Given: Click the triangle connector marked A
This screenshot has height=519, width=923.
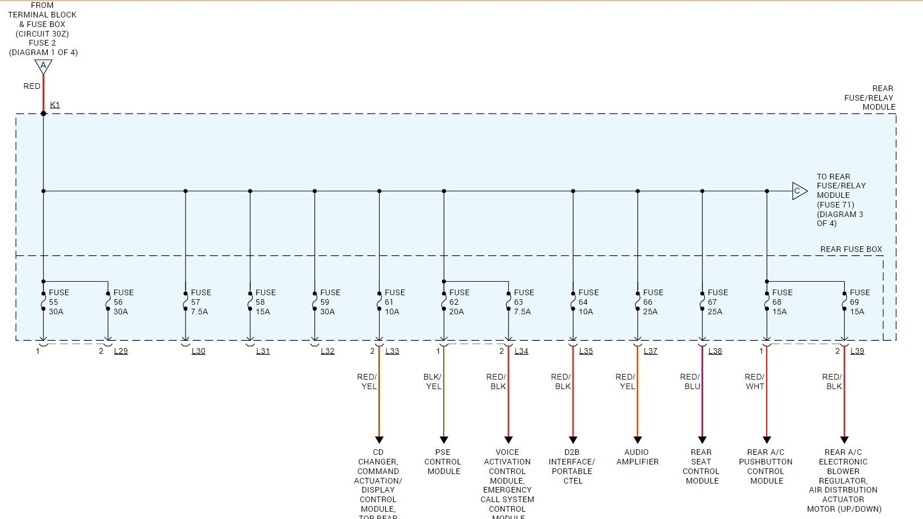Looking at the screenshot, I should [43, 66].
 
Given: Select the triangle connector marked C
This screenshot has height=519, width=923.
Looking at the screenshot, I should [799, 191].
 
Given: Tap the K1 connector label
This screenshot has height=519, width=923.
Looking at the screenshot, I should [55, 105].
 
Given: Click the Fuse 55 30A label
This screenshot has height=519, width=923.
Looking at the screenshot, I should [58, 302].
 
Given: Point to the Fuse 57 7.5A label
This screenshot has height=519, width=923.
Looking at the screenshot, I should [201, 302].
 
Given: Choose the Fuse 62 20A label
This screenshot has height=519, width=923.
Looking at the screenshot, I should [459, 302].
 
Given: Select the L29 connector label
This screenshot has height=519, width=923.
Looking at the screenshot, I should [121, 351].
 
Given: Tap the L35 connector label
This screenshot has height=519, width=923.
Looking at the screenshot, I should [586, 351].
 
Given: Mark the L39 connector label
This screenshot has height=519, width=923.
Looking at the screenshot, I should [857, 351].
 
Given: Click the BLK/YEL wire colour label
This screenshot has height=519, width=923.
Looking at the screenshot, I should [433, 382].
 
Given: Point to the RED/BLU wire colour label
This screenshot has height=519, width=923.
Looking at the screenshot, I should [690, 382].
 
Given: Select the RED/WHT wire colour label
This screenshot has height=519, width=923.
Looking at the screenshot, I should [754, 382].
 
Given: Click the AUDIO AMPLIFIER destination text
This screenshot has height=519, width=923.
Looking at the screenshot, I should [637, 457].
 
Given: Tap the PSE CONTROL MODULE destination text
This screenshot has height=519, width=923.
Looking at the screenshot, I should [443, 462].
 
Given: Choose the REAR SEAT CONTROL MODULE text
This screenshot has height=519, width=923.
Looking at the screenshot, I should [701, 467].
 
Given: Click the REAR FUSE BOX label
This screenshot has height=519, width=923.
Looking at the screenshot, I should [850, 249].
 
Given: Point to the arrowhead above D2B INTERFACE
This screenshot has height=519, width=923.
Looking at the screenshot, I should [573, 440].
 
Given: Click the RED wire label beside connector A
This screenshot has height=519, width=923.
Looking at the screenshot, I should [31, 86].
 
